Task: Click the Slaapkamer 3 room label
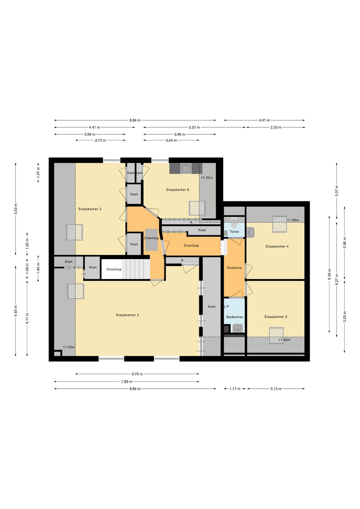[x=90, y=209]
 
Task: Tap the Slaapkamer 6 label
[x=177, y=190]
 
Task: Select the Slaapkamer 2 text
[x=127, y=315]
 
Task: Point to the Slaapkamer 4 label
[x=277, y=246]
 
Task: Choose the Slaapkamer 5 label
[x=275, y=317]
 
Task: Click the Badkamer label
[x=235, y=317]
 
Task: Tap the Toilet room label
[x=234, y=232]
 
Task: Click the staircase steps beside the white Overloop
[x=136, y=269]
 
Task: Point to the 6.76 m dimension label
[x=137, y=374]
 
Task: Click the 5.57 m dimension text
[x=194, y=127]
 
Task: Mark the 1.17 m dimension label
[x=235, y=389]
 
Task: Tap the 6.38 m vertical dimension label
[x=329, y=274]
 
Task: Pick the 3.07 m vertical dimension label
[x=337, y=191]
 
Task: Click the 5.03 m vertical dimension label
[x=16, y=209]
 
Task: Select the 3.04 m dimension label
[x=171, y=140]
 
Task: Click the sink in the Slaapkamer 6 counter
[x=186, y=169]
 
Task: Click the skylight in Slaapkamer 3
[x=74, y=232]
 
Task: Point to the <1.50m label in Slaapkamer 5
[x=284, y=340]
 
